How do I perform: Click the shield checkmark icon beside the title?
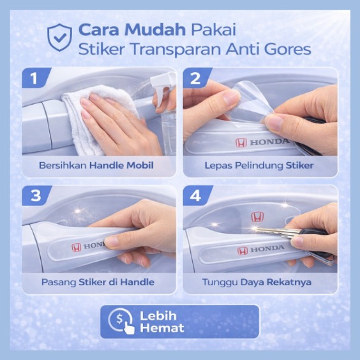tap(59, 37)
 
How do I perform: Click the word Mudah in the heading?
tap(155, 30)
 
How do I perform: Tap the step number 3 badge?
tap(36, 195)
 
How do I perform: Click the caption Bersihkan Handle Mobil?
tap(96, 165)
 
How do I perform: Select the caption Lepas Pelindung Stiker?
tap(259, 165)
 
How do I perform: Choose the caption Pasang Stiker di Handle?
tap(98, 282)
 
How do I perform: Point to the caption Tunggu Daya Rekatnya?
tap(257, 282)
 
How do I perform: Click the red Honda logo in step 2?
tap(241, 142)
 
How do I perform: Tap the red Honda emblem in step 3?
tap(77, 248)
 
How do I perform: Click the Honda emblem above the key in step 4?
tap(257, 217)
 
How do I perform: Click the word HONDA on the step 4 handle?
tap(267, 249)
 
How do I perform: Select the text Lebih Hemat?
tap(162, 322)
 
